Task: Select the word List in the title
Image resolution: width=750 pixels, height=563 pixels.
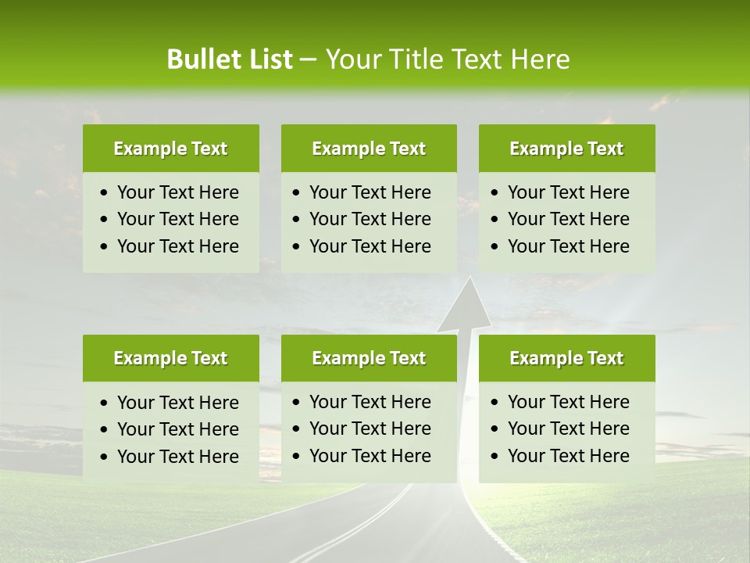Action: (x=266, y=59)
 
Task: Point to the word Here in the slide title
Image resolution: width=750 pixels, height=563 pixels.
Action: (x=540, y=59)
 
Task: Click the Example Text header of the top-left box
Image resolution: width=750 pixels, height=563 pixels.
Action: (x=170, y=149)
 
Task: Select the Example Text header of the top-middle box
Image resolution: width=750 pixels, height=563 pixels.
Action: (x=369, y=149)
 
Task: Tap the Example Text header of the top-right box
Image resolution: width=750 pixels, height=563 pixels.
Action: (x=566, y=149)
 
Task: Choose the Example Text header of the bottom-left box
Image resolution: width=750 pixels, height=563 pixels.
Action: (x=170, y=358)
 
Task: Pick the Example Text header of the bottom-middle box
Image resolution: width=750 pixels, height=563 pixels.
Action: (x=369, y=358)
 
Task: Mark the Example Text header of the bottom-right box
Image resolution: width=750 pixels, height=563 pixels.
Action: (x=566, y=358)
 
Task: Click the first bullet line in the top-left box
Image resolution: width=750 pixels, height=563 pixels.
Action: (x=177, y=192)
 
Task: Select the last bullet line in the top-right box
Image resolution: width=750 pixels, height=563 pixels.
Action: (x=568, y=246)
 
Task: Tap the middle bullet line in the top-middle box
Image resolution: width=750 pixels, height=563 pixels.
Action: (x=370, y=219)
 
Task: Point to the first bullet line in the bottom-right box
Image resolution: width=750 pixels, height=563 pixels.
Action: (x=568, y=402)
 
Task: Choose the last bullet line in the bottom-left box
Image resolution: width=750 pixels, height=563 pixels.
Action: (x=177, y=457)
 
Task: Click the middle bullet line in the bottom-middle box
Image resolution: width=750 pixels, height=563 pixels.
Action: (x=370, y=429)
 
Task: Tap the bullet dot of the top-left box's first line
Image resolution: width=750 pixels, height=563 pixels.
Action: (x=105, y=193)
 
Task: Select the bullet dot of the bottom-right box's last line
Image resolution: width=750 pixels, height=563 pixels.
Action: (x=495, y=457)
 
